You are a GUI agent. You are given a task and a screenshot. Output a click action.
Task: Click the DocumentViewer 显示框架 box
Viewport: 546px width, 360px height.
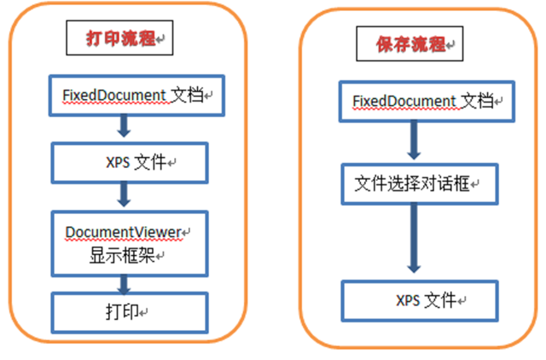tap(129, 242)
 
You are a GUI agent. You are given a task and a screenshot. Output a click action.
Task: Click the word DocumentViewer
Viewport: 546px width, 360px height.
tap(124, 232)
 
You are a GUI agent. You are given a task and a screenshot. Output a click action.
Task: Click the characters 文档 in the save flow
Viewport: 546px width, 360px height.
tap(478, 102)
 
